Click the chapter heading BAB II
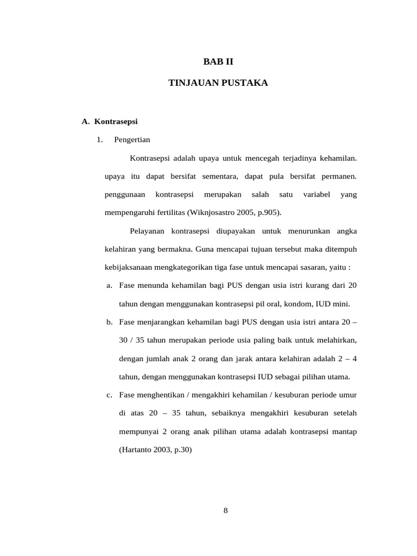tap(218, 62)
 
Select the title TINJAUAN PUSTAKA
tap(218, 84)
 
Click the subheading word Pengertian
tap(132, 140)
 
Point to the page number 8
tap(225, 510)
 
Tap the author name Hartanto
tap(136, 450)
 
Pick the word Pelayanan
tap(147, 231)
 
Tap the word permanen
tap(338, 176)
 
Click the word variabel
tap(317, 194)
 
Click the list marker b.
tap(109, 322)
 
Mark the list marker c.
tap(109, 395)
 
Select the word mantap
tap(344, 431)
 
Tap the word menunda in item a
tap(153, 286)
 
